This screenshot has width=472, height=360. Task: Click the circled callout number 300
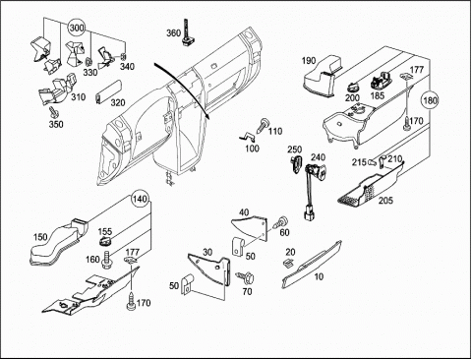click(77, 28)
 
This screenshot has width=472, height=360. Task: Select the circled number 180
click(430, 100)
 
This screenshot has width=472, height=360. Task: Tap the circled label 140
click(141, 199)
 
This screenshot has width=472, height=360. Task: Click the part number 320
click(118, 102)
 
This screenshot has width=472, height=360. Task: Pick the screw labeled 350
click(53, 111)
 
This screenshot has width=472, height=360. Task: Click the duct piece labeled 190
click(323, 76)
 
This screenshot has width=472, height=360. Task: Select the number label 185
click(378, 96)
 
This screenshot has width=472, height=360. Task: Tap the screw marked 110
click(263, 126)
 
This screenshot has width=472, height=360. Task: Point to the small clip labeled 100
click(247, 136)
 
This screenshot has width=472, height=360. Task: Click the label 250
click(295, 150)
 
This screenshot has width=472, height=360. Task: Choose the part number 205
click(385, 201)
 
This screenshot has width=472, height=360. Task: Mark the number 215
click(359, 162)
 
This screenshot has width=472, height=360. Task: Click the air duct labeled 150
click(59, 241)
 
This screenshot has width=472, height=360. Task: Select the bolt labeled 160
click(107, 260)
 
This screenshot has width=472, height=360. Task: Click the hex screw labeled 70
click(246, 277)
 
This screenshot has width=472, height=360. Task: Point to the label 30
click(207, 252)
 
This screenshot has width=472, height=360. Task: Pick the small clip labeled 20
click(287, 263)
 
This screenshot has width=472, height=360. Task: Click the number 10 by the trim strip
click(319, 276)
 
